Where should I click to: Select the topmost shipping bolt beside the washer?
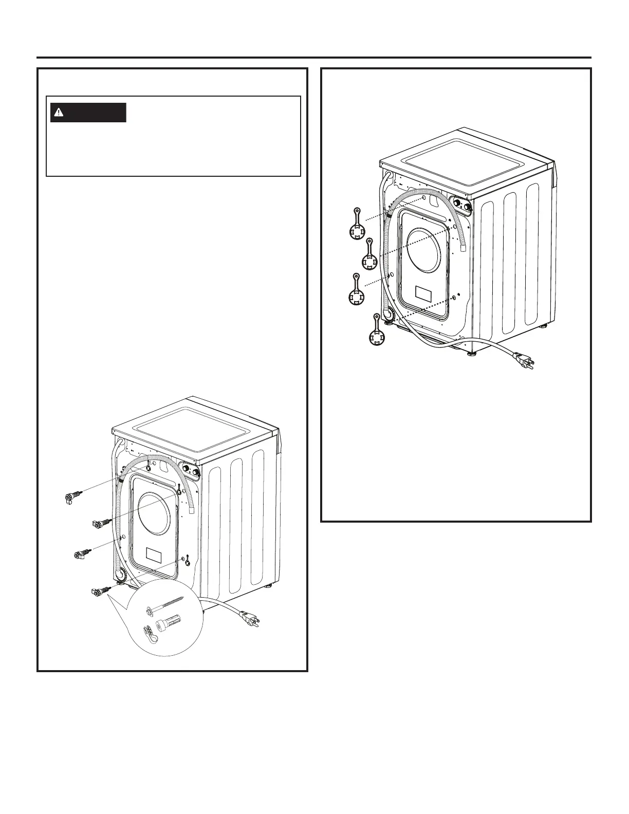coord(73,497)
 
